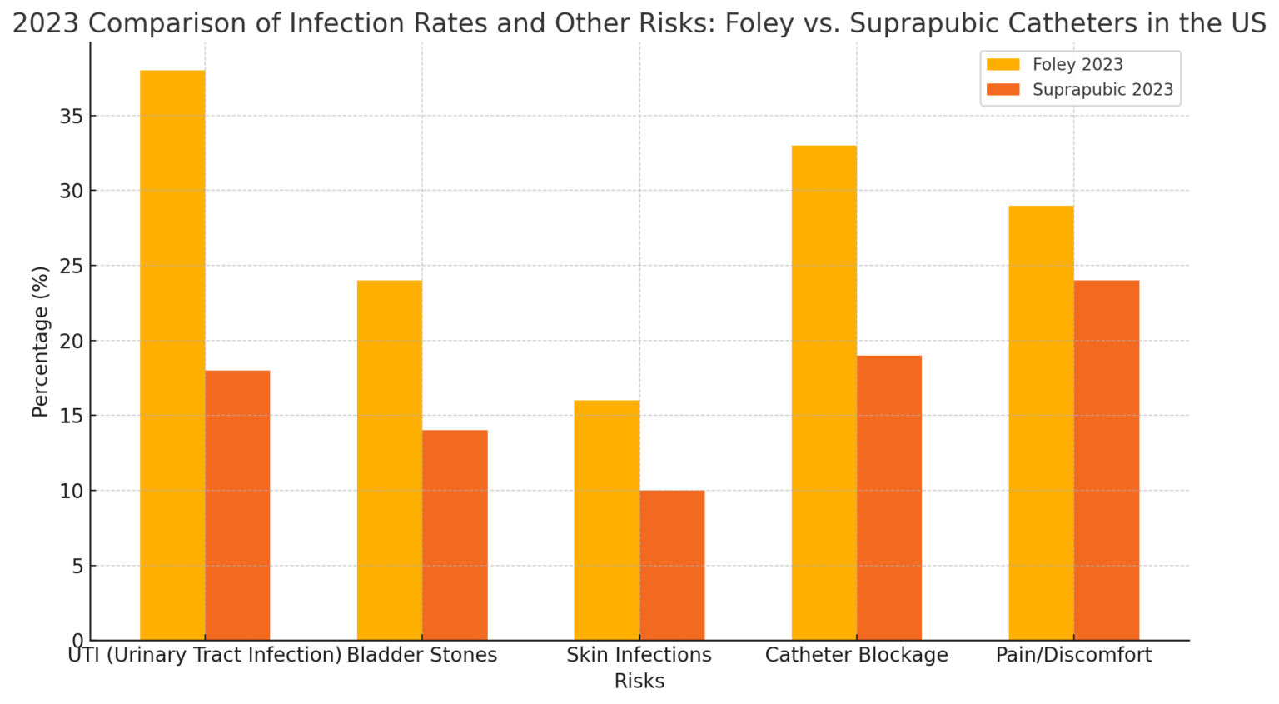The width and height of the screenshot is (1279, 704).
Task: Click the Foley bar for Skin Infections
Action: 607,520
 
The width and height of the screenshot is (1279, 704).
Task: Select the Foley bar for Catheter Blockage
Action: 824,392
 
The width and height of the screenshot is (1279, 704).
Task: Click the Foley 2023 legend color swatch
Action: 1003,65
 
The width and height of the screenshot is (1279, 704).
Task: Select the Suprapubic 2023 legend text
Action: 1102,90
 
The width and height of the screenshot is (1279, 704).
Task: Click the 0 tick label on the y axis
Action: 78,641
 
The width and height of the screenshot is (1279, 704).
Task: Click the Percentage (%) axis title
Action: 40,341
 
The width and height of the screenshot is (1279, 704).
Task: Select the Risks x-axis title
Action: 639,681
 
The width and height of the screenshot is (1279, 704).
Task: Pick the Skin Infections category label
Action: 639,655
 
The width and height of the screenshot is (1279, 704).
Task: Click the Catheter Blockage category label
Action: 856,655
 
